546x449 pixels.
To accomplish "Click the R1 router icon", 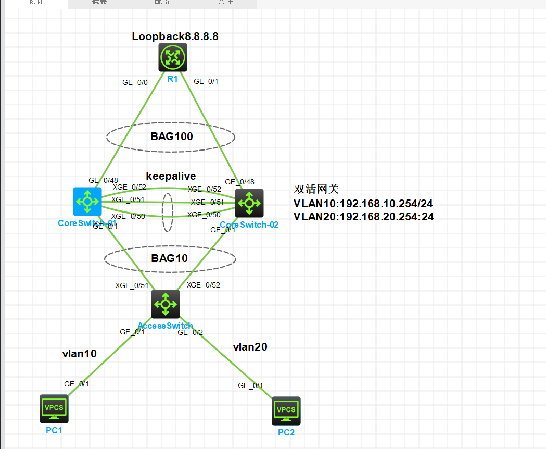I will coord(173,57).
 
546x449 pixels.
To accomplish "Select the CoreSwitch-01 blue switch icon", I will coord(87,201).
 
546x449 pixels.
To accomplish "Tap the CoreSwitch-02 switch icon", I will coord(249,203).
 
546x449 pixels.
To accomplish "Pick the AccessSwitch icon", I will coord(166,304).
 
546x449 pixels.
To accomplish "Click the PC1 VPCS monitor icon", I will coord(54,408).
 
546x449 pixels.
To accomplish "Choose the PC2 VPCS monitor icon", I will coord(286,410).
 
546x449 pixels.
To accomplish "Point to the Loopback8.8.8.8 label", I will coord(175,36).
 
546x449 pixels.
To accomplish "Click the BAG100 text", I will coord(172,137).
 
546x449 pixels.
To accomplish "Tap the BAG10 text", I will coord(170,258).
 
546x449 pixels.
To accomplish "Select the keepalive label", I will coord(171,176).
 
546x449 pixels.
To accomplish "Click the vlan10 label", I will coord(80,354).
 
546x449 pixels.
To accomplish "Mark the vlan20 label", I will coord(250,347).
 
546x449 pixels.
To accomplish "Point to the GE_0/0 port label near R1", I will coord(134,82).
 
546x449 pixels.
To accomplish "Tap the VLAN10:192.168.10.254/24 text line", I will coord(363,204).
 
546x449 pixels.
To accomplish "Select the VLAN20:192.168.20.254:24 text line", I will coord(363,217).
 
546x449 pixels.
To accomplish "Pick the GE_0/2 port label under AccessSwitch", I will coord(190,332).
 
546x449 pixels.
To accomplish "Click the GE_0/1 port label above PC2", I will coord(250,385).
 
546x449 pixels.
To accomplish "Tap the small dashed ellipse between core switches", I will coord(167,213).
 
